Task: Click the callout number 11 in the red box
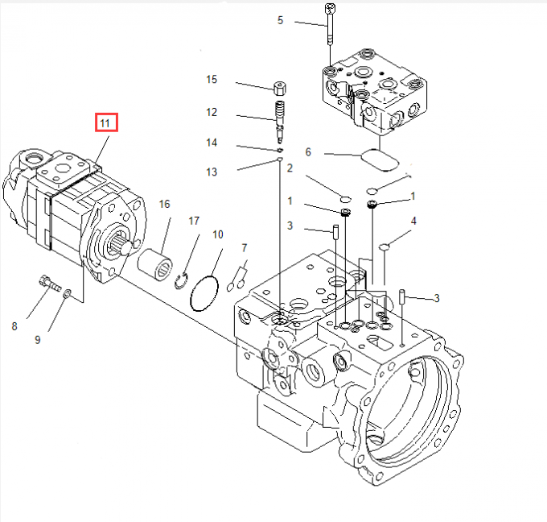(x=106, y=123)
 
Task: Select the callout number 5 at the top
(x=280, y=20)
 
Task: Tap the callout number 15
(x=212, y=80)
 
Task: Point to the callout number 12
(x=212, y=112)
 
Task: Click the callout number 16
(x=164, y=204)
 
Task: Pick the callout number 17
(x=194, y=220)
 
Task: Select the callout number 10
(x=217, y=234)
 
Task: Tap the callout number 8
(x=14, y=325)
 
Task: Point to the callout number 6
(x=307, y=151)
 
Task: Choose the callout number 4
(x=413, y=220)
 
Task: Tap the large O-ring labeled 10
(x=204, y=291)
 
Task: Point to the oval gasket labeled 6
(x=381, y=159)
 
